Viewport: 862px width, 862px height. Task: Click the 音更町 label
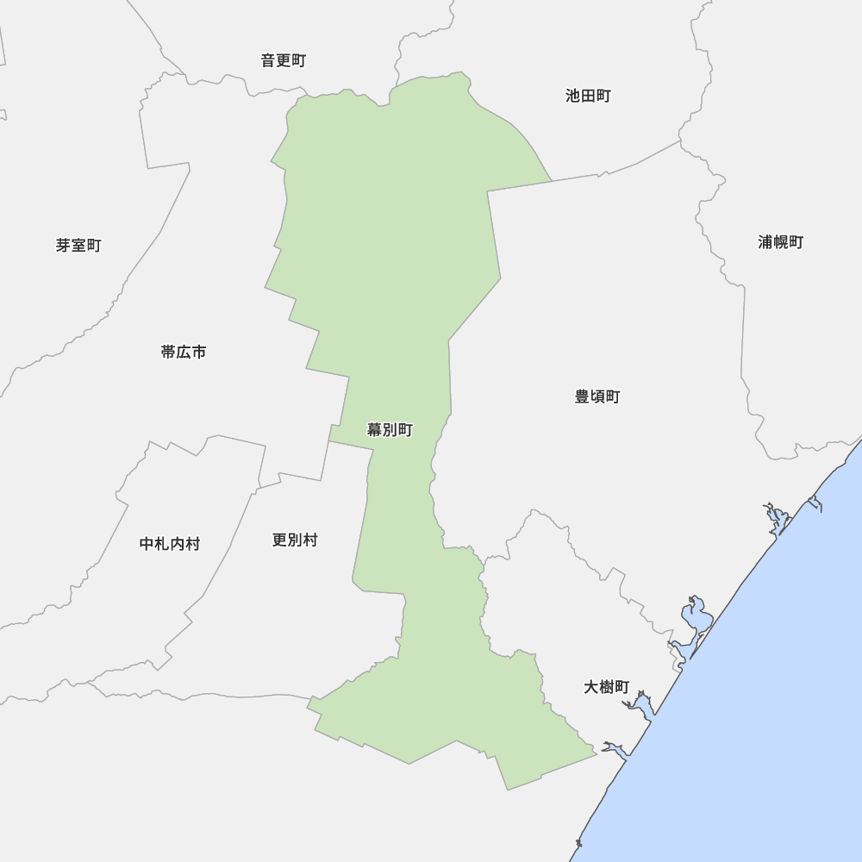283,60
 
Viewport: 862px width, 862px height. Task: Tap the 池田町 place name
588,96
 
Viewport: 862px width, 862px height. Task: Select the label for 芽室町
78,246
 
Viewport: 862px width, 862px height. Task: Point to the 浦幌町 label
780,242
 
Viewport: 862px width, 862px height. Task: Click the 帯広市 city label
184,352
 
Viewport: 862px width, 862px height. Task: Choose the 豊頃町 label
597,397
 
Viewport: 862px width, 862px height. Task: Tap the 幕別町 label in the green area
390,429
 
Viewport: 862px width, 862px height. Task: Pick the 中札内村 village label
169,544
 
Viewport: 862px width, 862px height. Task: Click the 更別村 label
295,540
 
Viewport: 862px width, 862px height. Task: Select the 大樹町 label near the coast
606,687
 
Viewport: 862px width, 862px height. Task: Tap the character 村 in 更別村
310,540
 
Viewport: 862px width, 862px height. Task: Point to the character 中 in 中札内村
147,544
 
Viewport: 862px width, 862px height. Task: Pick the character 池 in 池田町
573,96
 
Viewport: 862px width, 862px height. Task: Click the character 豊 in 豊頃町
583,397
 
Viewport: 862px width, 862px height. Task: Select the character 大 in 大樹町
591,687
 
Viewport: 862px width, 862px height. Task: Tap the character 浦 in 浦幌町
765,242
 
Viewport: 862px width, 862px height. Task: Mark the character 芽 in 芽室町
64,246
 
